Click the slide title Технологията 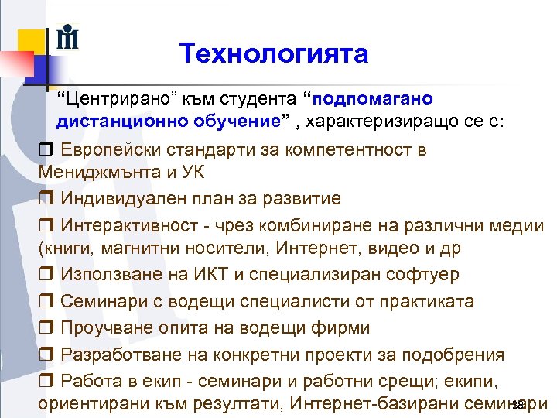pyautogui.click(x=273, y=53)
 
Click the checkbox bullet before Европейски pyautogui.click(x=46, y=149)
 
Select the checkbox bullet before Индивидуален pyautogui.click(x=46, y=199)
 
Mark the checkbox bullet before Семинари pyautogui.click(x=46, y=302)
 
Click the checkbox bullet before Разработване pyautogui.click(x=46, y=355)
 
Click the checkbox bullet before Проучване pyautogui.click(x=46, y=328)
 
